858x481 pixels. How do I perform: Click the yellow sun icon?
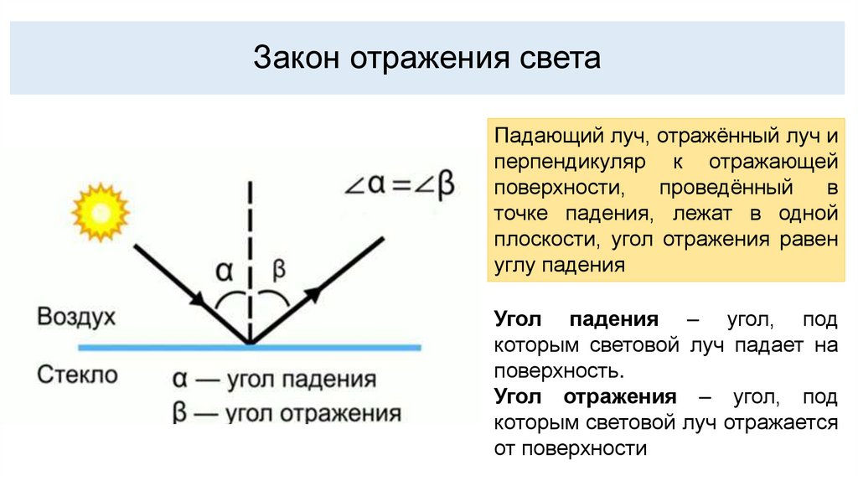100,212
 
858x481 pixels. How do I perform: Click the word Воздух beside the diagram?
76,318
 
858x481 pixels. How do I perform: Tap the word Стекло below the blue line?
78,374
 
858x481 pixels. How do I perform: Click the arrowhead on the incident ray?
199,297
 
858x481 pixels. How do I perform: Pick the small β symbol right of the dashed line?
279,269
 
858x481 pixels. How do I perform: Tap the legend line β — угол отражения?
286,413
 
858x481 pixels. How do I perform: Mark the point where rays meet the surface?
250,344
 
